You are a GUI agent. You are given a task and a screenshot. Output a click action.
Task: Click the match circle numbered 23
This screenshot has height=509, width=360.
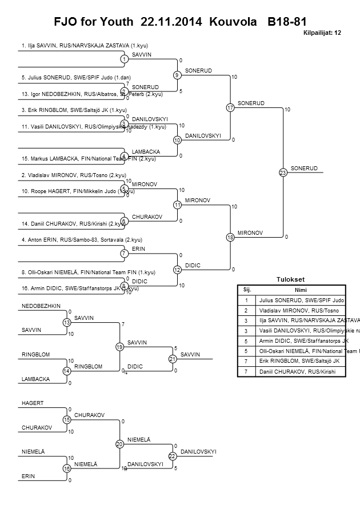coord(283,173)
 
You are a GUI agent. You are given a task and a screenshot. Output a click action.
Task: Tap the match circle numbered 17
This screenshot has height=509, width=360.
coord(230,107)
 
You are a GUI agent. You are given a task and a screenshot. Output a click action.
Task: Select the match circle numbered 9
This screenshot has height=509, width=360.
coord(177,75)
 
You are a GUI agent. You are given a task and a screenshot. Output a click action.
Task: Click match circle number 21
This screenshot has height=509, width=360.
coord(171,359)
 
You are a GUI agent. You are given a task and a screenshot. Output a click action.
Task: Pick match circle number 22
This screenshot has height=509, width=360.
coord(172,456)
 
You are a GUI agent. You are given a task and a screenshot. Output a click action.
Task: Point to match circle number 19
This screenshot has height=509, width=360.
coord(119,347)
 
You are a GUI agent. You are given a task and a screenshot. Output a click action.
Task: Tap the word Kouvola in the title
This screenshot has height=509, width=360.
coord(233,22)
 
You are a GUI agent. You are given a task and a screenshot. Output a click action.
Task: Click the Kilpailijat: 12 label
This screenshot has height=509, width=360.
coord(321,33)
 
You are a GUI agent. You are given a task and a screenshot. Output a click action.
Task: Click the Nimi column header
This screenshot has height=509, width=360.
coord(297,290)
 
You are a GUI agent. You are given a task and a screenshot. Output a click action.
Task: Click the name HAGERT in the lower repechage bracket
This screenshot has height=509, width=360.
coord(33,403)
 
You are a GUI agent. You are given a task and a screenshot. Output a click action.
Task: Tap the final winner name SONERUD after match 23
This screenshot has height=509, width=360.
coord(303,168)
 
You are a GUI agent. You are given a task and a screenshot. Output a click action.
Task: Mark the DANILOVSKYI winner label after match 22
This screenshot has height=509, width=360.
coord(198,452)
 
